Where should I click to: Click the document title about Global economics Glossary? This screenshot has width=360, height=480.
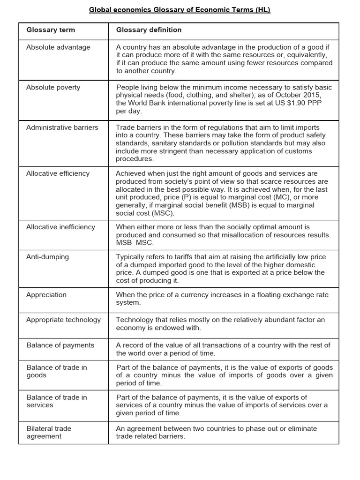pyautogui.click(x=180, y=10)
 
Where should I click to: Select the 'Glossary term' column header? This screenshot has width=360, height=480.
pyautogui.click(x=51, y=30)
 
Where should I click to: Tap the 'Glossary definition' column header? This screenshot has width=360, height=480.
pyautogui.click(x=149, y=30)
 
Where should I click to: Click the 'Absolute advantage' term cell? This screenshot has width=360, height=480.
pyautogui.click(x=58, y=47)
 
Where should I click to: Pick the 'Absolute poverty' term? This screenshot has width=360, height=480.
pyautogui.click(x=53, y=87)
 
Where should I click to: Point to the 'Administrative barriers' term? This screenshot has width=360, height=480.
pyautogui.click(x=62, y=127)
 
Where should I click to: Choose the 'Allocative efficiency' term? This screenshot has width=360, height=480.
pyautogui.click(x=58, y=173)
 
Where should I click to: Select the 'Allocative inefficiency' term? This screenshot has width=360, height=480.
pyautogui.click(x=60, y=227)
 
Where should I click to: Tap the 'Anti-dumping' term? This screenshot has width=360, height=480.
pyautogui.click(x=47, y=257)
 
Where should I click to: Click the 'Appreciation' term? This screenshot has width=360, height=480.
pyautogui.click(x=46, y=295)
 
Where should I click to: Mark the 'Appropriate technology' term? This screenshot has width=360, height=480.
pyautogui.click(x=63, y=320)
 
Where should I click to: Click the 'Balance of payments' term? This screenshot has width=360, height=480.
pyautogui.click(x=60, y=345)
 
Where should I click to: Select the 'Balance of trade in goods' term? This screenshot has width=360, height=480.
pyautogui.click(x=57, y=371)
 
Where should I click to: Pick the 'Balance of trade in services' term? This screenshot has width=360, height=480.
pyautogui.click(x=57, y=401)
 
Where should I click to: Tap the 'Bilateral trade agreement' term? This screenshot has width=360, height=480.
pyautogui.click(x=49, y=432)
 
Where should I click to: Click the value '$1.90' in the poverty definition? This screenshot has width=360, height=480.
pyautogui.click(x=289, y=103)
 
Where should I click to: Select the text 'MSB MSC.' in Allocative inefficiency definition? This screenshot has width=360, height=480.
pyautogui.click(x=135, y=242)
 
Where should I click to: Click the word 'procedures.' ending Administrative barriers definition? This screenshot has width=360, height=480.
pyautogui.click(x=135, y=159)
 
